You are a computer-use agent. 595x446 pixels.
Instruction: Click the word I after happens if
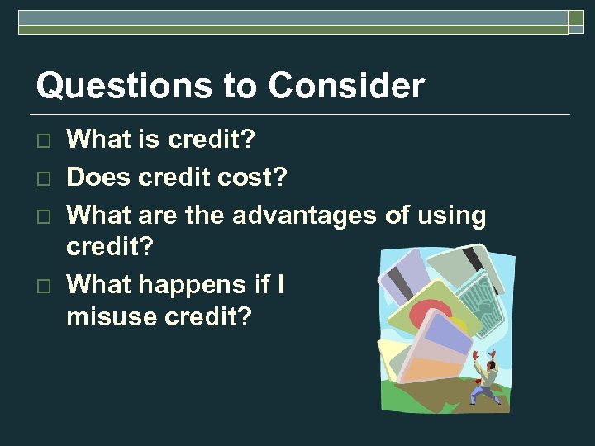282,285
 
